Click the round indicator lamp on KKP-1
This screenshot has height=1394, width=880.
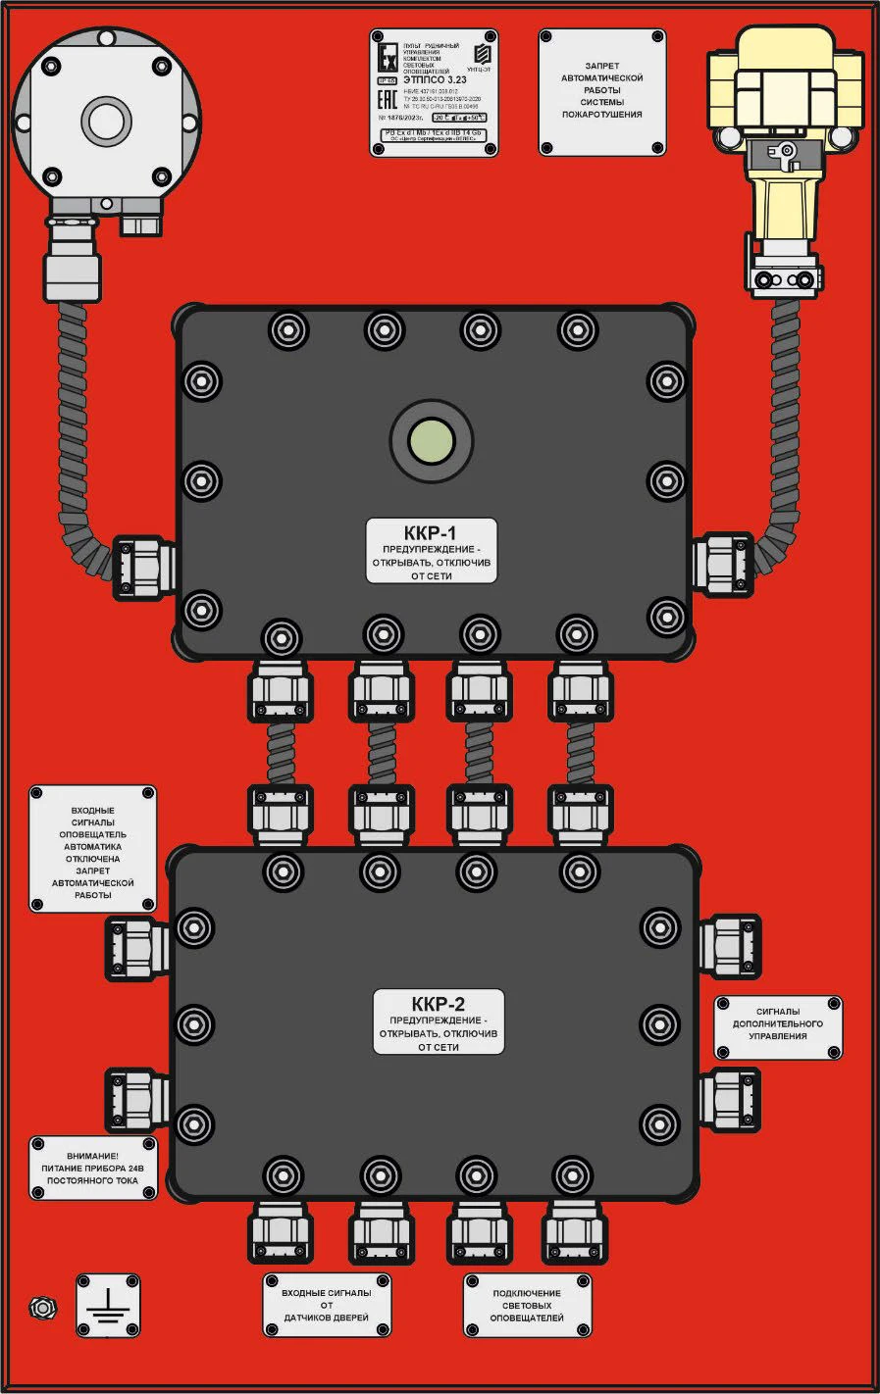point(432,440)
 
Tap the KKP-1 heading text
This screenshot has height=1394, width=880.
point(431,533)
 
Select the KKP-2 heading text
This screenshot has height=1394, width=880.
point(439,1004)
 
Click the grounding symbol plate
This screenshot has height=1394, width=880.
point(108,1305)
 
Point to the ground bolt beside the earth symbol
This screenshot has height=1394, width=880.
point(41,1307)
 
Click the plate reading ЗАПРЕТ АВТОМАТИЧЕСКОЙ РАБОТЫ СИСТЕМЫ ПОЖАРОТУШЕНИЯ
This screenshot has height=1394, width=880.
point(601,91)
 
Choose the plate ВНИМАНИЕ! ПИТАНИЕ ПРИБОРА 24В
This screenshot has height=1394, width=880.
point(93,1168)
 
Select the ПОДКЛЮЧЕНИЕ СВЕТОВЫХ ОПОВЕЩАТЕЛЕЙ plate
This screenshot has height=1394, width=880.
point(527,1306)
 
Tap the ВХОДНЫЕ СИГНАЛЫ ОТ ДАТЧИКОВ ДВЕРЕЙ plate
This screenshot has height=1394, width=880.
point(327,1305)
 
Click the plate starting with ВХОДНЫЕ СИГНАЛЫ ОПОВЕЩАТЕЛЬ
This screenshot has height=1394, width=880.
point(92,849)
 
